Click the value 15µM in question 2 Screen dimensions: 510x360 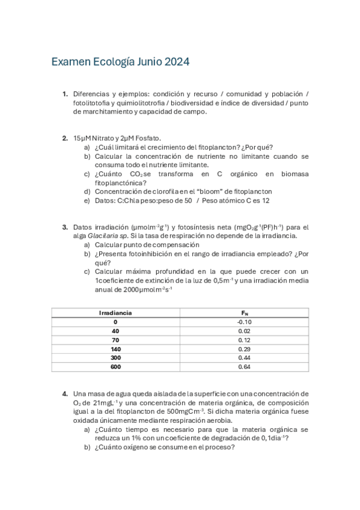[x=82, y=138]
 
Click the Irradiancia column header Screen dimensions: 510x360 [x=115, y=313]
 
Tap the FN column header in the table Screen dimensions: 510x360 [x=244, y=313]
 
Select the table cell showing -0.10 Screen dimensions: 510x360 [x=244, y=322]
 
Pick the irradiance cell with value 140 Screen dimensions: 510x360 [x=115, y=349]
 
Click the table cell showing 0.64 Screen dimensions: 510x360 [x=244, y=367]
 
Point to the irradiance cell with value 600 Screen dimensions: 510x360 [x=115, y=367]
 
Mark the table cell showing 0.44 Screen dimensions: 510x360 [x=244, y=358]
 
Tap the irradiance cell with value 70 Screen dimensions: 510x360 [x=115, y=340]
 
